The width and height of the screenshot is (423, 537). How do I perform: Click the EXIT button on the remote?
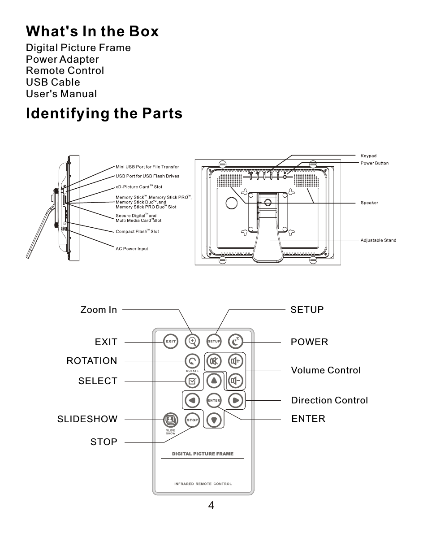click(x=170, y=341)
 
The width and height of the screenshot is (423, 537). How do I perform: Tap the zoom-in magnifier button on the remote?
click(x=193, y=341)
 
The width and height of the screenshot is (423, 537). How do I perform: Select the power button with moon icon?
click(x=236, y=341)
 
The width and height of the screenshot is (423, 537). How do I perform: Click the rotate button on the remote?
click(x=192, y=361)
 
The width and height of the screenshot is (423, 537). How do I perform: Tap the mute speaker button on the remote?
click(x=214, y=361)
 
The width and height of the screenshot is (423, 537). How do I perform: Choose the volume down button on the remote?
click(x=236, y=381)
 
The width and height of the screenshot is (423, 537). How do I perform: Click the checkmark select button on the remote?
click(x=192, y=381)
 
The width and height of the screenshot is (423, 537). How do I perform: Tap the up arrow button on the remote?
click(x=214, y=381)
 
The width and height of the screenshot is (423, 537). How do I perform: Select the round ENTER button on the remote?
click(x=214, y=400)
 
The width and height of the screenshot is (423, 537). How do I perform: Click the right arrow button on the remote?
click(x=236, y=400)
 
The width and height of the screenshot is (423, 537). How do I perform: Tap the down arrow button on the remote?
click(x=214, y=420)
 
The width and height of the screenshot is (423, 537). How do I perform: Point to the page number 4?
click(x=211, y=506)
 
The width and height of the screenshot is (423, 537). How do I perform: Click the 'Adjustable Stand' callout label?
click(x=378, y=240)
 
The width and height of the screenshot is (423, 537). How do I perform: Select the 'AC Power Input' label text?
click(x=132, y=248)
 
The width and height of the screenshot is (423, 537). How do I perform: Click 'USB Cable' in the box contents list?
click(x=53, y=82)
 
